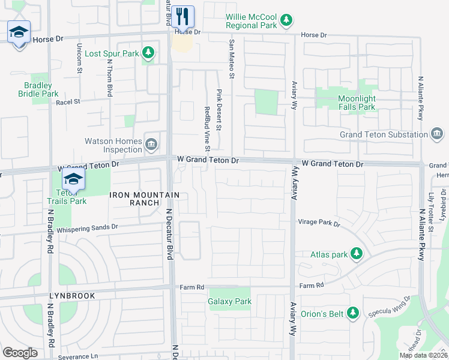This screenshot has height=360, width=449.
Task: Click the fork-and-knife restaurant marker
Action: (x=183, y=16)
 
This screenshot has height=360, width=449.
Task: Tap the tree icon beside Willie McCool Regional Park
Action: (x=287, y=20)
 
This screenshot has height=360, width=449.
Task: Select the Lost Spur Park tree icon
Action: (x=148, y=53)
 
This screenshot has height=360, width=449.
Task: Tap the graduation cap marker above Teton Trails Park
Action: (x=74, y=179)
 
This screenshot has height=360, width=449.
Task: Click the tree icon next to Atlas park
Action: (x=357, y=254)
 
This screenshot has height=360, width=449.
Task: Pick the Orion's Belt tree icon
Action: (x=354, y=313)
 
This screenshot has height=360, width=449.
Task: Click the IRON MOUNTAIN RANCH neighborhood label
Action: (x=145, y=199)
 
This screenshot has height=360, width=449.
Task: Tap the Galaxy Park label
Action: (x=229, y=302)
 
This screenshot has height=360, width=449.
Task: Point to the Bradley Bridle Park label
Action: (x=38, y=89)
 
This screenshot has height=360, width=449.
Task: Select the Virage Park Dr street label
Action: (x=319, y=223)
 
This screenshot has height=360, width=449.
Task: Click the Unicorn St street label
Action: (x=79, y=58)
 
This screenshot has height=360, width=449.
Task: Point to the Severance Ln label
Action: (x=78, y=356)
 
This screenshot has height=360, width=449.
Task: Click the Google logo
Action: (x=20, y=353)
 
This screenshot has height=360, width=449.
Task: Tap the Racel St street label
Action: (x=68, y=103)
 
